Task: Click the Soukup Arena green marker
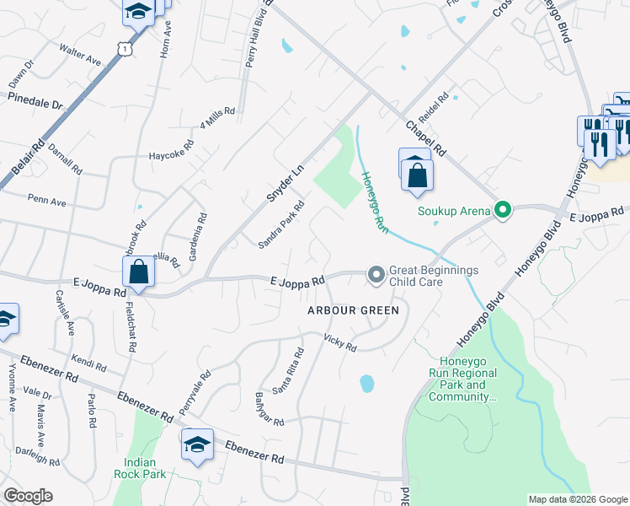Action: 503,210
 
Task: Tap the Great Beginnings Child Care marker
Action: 375,275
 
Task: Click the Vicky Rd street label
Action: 340,342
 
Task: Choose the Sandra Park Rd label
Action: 281,225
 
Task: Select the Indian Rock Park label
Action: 146,468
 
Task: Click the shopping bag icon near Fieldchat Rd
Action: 138,273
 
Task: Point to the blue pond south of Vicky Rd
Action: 367,384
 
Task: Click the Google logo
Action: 28,496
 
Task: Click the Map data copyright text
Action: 577,499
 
